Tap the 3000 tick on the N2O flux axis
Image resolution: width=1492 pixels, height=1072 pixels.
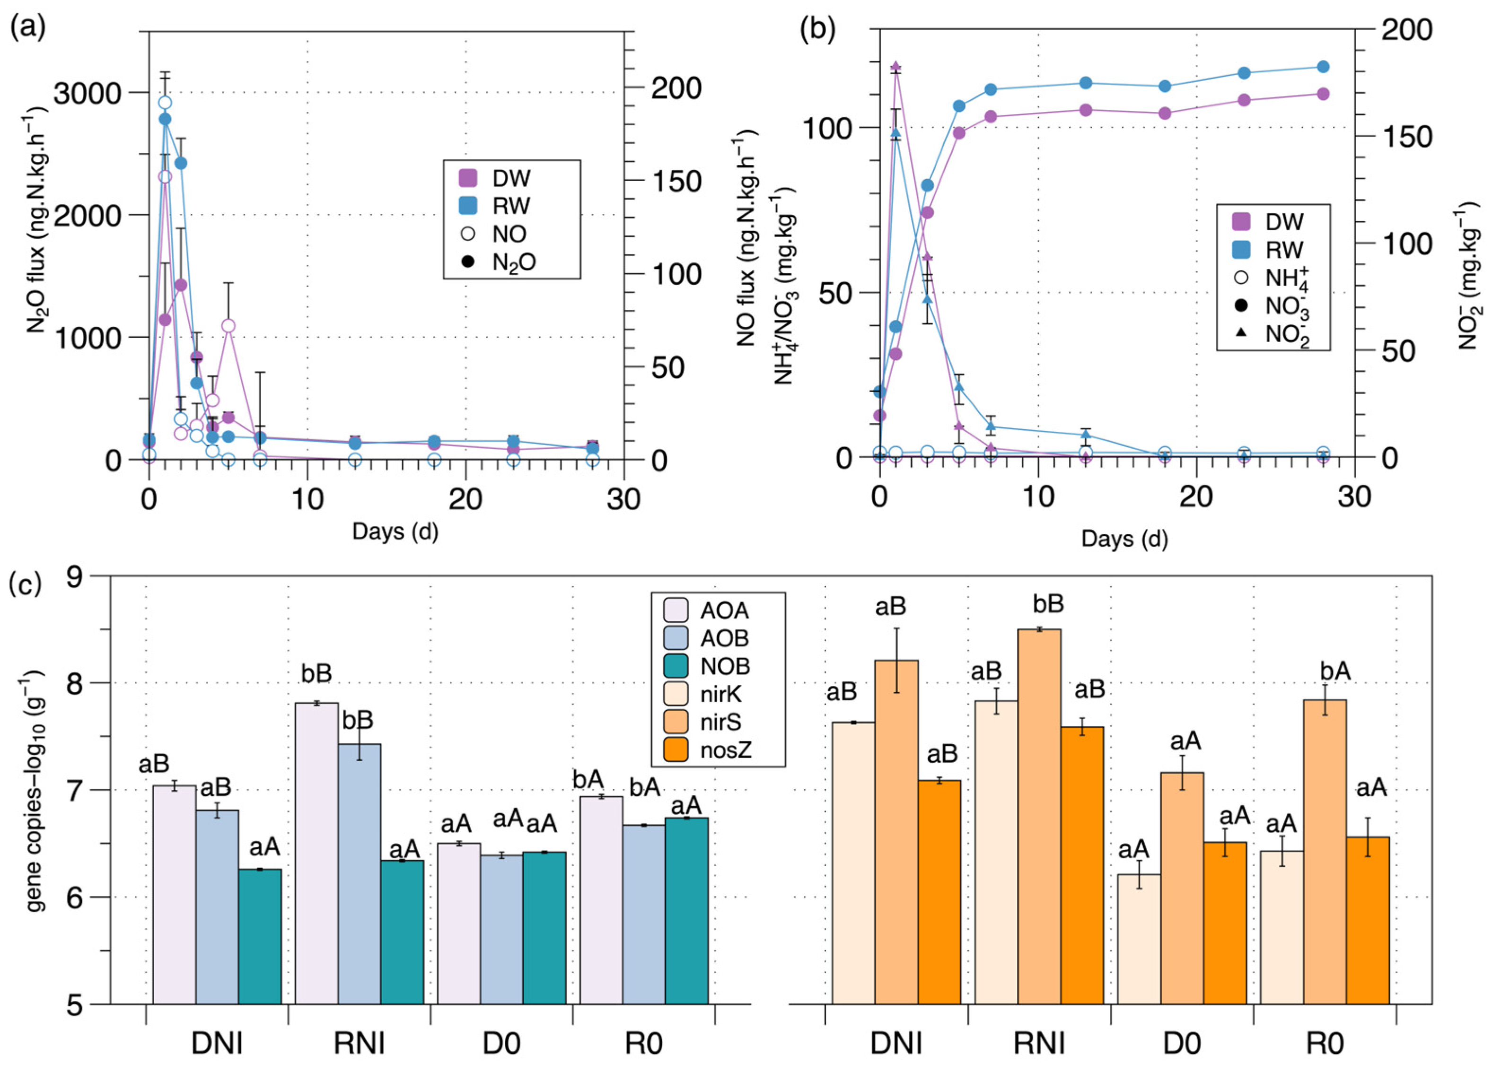(88, 93)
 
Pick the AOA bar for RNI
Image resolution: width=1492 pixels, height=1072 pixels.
(316, 855)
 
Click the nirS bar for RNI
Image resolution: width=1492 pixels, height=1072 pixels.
(1039, 816)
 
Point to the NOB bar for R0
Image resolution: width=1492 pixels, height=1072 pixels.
(686, 911)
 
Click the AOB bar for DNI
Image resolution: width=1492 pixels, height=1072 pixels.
(217, 907)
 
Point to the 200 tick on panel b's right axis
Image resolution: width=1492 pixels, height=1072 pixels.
(1406, 30)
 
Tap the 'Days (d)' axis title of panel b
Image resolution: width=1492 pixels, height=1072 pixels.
(1124, 539)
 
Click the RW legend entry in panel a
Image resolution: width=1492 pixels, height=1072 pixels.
(500, 206)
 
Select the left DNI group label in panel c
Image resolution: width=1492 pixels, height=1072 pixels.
(217, 1044)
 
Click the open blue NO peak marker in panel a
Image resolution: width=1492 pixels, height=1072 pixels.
(165, 103)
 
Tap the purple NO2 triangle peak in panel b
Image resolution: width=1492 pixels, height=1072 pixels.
(895, 66)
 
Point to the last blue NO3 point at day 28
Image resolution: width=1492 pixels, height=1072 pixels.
(1323, 66)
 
